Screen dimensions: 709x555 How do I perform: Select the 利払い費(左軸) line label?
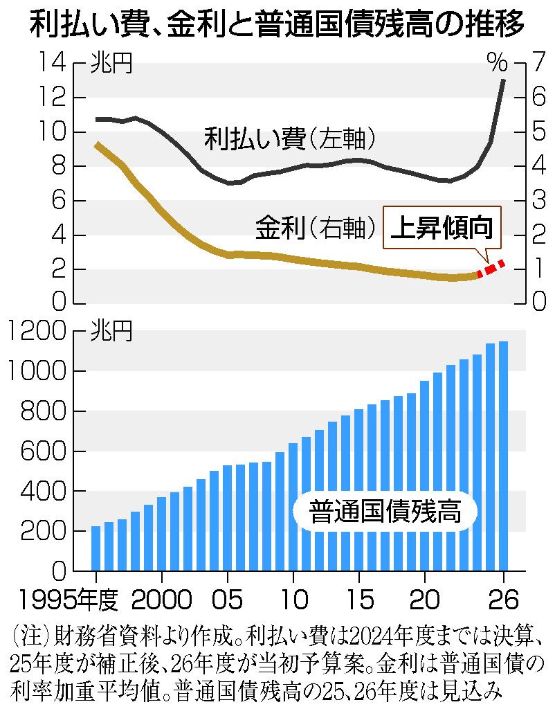click(x=289, y=139)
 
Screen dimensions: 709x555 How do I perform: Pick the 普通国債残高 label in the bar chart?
click(x=385, y=512)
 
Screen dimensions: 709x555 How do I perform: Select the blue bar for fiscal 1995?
click(x=96, y=548)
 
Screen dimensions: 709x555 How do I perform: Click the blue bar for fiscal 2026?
click(x=504, y=456)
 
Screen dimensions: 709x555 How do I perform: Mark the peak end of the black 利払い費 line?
click(x=503, y=80)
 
